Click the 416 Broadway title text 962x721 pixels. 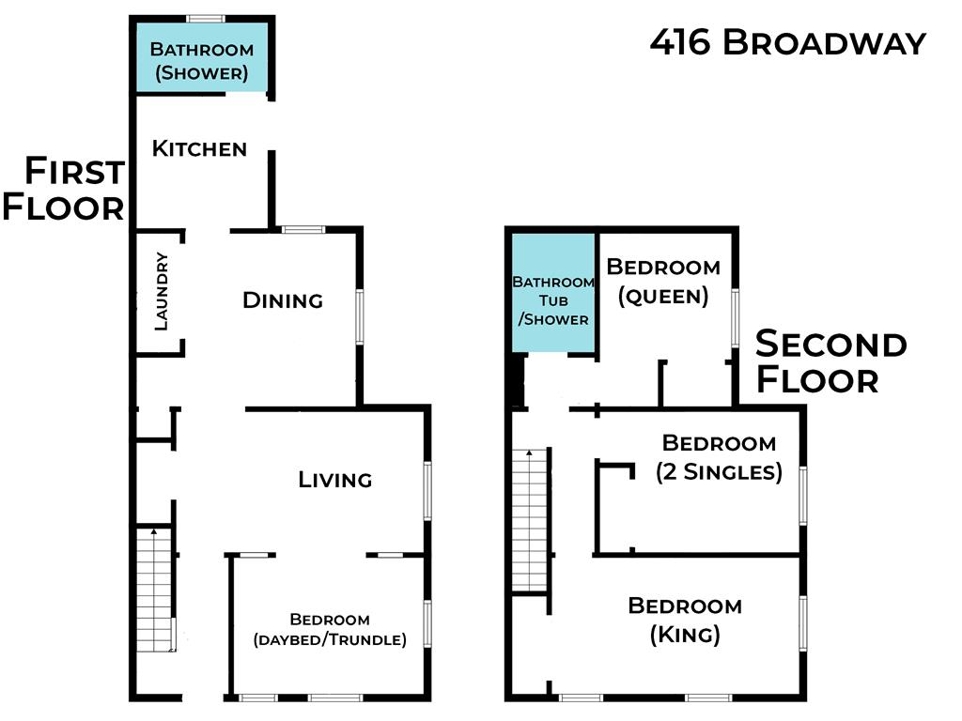(x=787, y=43)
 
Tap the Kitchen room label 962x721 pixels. (x=199, y=148)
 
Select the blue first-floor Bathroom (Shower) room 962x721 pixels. (x=200, y=58)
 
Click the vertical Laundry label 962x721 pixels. (x=161, y=291)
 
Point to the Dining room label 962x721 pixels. (x=283, y=300)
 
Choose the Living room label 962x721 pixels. (x=335, y=480)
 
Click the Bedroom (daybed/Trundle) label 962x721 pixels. (x=330, y=630)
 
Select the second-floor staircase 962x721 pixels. (x=530, y=521)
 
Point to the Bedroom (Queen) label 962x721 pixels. (x=663, y=282)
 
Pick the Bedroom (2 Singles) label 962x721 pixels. (x=719, y=456)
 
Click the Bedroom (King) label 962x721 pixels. (x=685, y=620)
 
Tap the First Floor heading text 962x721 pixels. (x=64, y=189)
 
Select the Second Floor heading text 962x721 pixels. (x=830, y=361)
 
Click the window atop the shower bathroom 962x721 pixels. (x=205, y=18)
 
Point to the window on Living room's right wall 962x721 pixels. (x=428, y=489)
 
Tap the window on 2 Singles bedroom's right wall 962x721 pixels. (x=803, y=495)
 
